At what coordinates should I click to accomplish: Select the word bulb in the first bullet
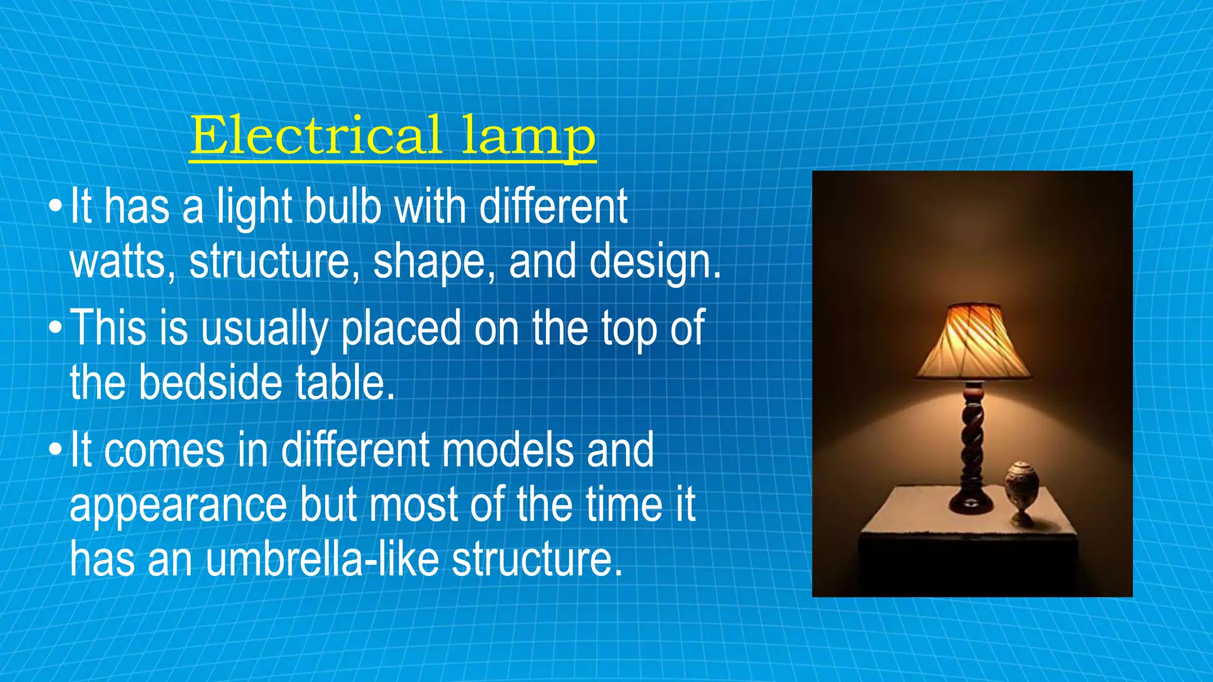tap(342, 207)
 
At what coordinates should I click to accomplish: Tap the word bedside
tap(210, 383)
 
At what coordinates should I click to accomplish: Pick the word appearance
tap(178, 506)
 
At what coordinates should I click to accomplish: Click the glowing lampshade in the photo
tap(973, 343)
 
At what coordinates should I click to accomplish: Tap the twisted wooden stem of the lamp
tap(973, 441)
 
